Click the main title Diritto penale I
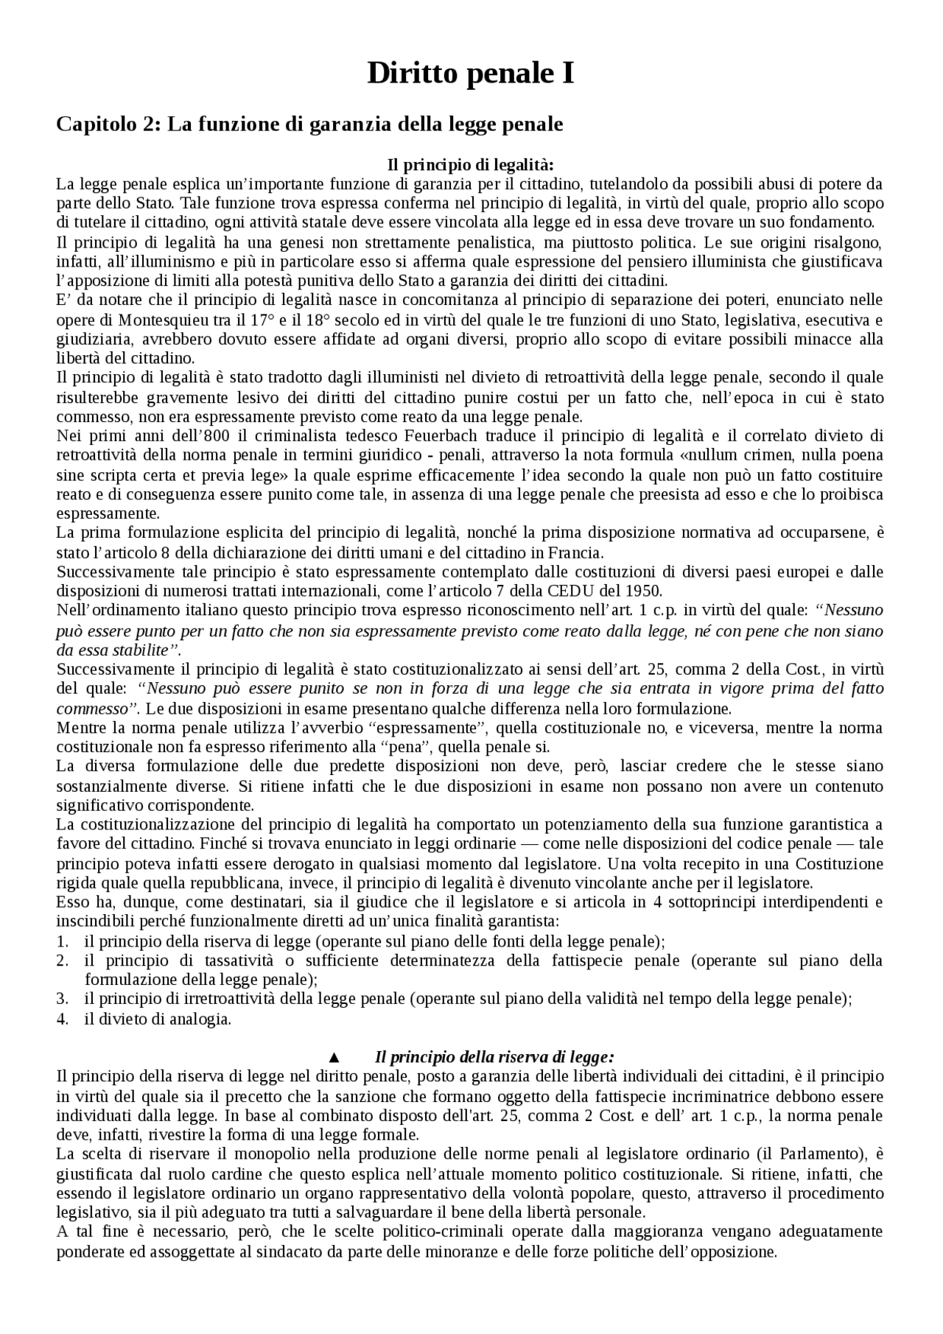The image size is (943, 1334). coord(471,74)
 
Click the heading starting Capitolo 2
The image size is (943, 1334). coord(309,124)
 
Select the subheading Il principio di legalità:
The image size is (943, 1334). coord(470,164)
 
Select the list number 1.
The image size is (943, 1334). coord(63,941)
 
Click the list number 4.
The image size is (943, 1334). coord(63,1019)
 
